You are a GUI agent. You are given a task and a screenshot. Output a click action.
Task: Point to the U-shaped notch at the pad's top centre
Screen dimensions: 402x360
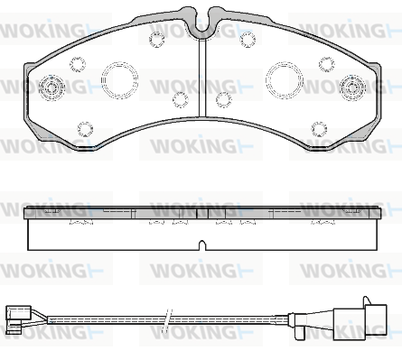(x=201, y=32)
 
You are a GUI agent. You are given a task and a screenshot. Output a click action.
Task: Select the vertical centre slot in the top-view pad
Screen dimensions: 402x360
(x=202, y=78)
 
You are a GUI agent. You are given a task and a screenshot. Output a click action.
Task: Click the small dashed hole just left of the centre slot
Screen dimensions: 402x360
(x=181, y=100)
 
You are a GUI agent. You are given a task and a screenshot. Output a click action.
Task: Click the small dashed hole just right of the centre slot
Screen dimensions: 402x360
(x=224, y=100)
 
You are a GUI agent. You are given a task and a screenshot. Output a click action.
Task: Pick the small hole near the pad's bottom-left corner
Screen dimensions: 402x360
(x=85, y=129)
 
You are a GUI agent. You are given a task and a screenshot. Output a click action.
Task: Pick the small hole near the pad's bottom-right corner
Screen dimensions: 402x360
(x=319, y=129)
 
